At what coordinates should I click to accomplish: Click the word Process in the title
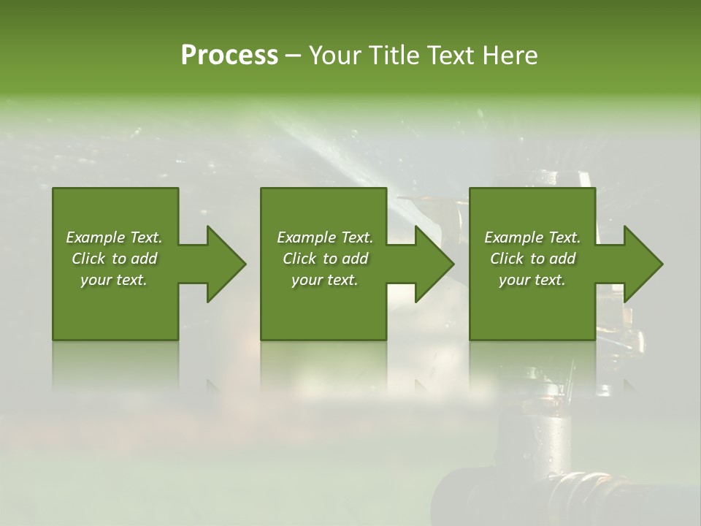pos(229,56)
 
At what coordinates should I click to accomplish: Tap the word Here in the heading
pos(510,56)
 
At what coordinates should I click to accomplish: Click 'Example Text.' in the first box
pos(114,237)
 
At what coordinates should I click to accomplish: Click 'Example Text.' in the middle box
pos(325,237)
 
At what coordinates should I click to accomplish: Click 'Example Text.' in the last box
pos(532,237)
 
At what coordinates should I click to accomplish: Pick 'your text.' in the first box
pos(114,280)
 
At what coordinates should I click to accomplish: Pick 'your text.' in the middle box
pos(325,280)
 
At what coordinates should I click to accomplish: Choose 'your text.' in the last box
pos(532,280)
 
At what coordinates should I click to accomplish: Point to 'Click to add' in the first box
pos(114,259)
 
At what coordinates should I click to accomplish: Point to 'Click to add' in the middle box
pos(325,259)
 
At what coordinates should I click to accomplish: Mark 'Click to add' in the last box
pos(532,259)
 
